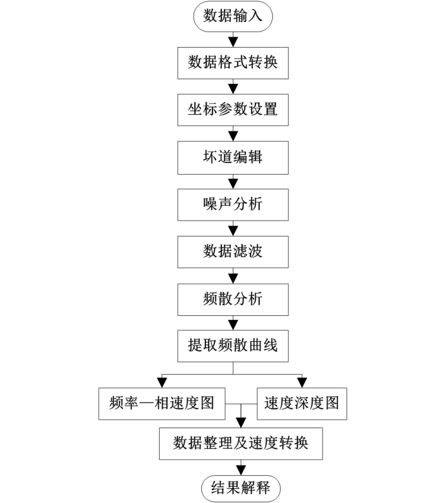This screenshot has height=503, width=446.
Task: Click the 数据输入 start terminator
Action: point(233,16)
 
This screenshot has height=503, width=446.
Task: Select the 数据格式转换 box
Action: point(233,63)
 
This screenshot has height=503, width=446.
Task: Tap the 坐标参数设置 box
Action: point(233,110)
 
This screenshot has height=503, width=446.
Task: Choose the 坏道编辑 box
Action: point(233,157)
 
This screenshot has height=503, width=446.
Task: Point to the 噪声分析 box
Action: point(233,204)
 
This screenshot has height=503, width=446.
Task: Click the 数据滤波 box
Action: point(233,252)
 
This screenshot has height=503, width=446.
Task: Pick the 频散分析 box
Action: point(233,299)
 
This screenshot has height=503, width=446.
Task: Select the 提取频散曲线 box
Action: point(233,346)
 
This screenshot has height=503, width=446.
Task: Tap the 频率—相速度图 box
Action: point(162,404)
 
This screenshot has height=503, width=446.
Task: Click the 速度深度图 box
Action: point(302,404)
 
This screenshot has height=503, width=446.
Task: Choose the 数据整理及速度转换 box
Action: point(241,444)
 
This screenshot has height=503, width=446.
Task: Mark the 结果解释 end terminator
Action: point(241,489)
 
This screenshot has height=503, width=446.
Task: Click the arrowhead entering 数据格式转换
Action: point(233,43)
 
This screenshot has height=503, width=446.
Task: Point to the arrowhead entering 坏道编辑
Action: point(233,136)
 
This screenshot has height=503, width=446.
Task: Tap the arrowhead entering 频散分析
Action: point(233,279)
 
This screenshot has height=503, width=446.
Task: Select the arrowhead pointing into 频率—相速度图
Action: point(162,383)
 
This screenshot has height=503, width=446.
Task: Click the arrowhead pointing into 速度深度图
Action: point(302,383)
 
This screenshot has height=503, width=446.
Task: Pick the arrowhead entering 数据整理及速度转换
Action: point(241,423)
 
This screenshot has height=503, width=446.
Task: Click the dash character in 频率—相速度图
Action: point(147,404)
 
